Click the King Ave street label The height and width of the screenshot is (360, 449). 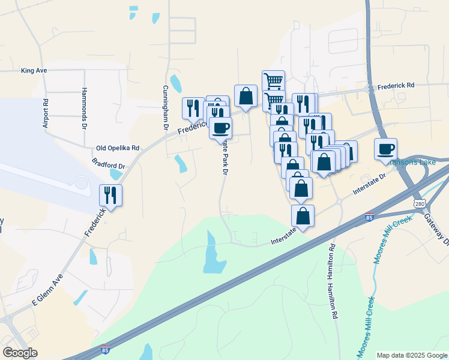coord(34,71)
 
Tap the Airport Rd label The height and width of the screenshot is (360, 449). coord(45,110)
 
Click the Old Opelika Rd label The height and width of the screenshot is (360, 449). coord(118,148)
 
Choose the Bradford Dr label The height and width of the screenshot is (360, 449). coord(109,164)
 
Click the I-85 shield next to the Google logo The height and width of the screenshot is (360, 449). coord(106,348)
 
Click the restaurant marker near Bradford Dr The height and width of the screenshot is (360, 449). coord(110,194)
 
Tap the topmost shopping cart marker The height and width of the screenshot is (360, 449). coord(273,80)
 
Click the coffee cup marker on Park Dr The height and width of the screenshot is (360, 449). coord(220,127)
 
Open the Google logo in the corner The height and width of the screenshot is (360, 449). coord(20,353)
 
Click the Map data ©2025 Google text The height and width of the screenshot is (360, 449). coord(412,355)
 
